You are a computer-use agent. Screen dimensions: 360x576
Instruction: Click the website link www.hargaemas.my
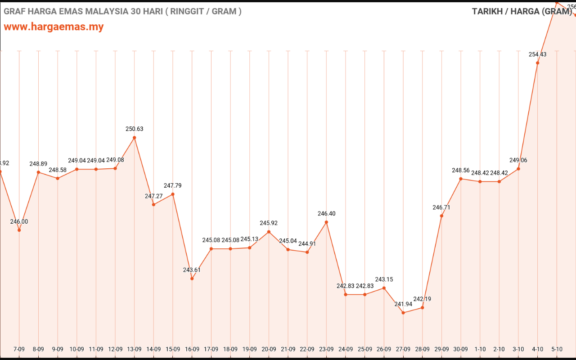(54, 27)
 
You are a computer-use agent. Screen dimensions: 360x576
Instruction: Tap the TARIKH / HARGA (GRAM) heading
(522, 12)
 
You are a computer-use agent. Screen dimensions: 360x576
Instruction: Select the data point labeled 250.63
(135, 138)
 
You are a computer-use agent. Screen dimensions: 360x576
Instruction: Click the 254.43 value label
(538, 54)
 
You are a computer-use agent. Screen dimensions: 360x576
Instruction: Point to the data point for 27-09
(403, 313)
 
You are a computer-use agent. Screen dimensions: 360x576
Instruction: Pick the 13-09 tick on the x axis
(135, 349)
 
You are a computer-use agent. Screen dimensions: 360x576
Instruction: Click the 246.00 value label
(19, 221)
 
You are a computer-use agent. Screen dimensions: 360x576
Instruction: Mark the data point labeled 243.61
(192, 279)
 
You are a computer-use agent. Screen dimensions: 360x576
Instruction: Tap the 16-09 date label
(192, 349)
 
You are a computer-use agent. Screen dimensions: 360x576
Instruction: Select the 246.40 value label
(326, 214)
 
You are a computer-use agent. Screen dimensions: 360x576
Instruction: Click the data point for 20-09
(269, 232)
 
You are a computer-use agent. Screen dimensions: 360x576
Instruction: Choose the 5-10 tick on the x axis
(557, 349)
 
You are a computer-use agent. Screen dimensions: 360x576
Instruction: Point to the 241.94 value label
(403, 304)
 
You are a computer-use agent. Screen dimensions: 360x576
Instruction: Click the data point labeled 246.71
(441, 216)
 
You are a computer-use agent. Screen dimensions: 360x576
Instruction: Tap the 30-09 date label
(461, 349)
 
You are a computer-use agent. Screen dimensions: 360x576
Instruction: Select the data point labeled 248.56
(461, 179)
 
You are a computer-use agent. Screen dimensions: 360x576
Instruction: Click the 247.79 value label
(173, 185)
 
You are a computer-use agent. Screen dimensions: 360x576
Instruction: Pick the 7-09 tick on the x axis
(19, 349)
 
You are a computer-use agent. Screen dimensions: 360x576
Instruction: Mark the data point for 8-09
(38, 172)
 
